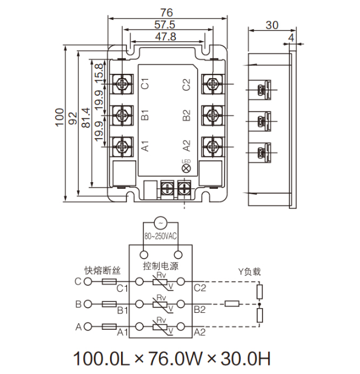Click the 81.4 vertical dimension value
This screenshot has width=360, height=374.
[85, 119]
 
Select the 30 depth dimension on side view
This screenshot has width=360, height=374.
[272, 25]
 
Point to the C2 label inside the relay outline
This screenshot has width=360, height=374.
[187, 84]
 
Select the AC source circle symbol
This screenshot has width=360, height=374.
[161, 221]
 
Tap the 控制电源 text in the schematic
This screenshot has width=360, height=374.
[161, 266]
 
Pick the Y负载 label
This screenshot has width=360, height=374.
[250, 271]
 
